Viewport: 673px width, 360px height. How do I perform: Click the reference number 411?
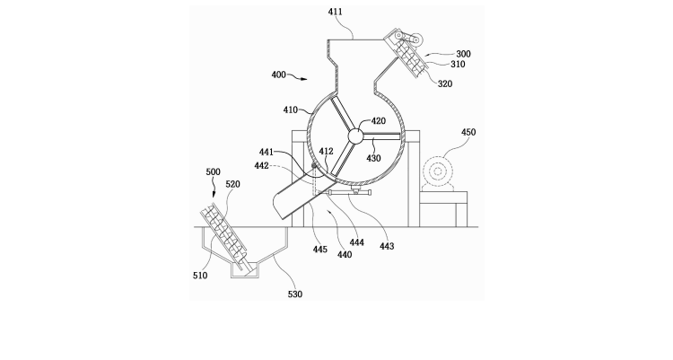coord(336,12)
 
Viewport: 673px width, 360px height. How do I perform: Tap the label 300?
coord(463,54)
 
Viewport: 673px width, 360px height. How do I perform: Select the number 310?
coord(458,64)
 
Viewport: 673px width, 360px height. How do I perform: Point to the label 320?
coord(445,83)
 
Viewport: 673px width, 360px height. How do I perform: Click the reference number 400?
coord(278,75)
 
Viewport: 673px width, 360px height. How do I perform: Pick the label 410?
coord(290,110)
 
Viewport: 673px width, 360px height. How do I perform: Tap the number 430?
coord(373,158)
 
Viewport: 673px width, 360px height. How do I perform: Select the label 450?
coord(468,132)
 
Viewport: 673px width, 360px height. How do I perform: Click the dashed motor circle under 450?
coord(438,171)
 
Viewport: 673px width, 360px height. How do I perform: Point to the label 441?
coord(267,152)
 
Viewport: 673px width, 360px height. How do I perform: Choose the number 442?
coord(261,166)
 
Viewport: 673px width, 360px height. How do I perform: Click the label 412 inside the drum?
coord(327,151)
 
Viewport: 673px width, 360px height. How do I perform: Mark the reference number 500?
coord(213,171)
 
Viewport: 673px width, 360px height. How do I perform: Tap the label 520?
coord(232,184)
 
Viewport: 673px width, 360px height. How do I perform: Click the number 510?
coord(200,276)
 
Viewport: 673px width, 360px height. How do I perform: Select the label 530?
coord(295,294)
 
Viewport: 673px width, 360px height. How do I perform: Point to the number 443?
coord(387,246)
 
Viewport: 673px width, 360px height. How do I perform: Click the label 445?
coord(319,250)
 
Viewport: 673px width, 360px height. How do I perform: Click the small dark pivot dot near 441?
coord(314,165)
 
